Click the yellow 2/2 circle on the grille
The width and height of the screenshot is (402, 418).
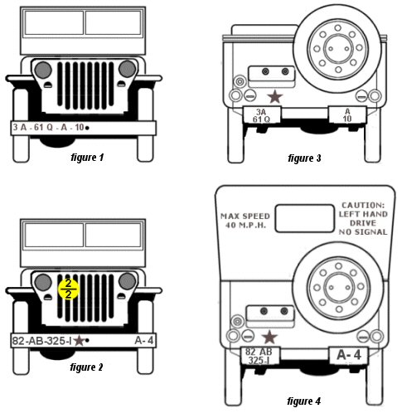[x=69, y=289]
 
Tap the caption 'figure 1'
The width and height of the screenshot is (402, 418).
[x=87, y=158]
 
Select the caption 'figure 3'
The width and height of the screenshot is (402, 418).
[x=304, y=158]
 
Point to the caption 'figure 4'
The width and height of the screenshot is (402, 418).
[x=304, y=401]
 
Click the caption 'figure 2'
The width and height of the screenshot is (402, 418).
[x=86, y=367]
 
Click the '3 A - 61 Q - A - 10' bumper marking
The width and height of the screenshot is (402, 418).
[x=48, y=127]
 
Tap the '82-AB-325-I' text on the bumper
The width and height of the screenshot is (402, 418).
[x=41, y=341]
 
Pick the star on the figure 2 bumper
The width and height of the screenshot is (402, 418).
[x=79, y=341]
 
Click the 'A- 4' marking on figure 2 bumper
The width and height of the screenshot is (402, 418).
[x=144, y=340]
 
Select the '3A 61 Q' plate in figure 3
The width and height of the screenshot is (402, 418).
[x=262, y=115]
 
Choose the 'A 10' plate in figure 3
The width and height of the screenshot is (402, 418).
[x=347, y=115]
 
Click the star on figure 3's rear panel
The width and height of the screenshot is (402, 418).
[x=275, y=97]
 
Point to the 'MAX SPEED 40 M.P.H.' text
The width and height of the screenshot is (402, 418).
[x=245, y=221]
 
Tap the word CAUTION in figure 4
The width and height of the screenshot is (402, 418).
[x=363, y=206]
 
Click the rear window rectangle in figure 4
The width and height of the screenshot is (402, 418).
[x=305, y=218]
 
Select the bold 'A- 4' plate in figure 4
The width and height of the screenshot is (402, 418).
[x=349, y=355]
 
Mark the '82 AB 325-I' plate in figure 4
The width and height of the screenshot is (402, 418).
[x=259, y=356]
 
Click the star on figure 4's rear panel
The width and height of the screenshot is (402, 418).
[x=269, y=338]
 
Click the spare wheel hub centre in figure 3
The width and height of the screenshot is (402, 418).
[x=338, y=49]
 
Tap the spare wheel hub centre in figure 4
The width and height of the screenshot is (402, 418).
[x=339, y=288]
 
